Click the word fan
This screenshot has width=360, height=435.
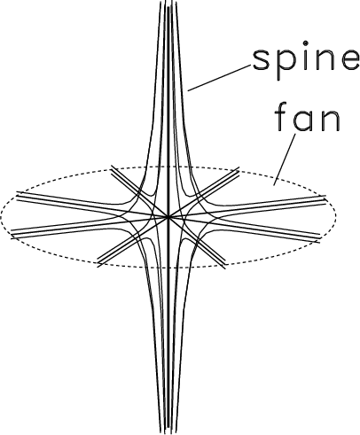pos(308,117)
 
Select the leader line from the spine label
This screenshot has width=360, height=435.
pos(219,78)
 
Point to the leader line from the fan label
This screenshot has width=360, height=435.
pos(285,159)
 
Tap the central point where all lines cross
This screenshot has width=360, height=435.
pos(168,217)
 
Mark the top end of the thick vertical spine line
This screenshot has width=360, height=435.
pos(168,6)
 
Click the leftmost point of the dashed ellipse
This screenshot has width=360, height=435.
pos(1,218)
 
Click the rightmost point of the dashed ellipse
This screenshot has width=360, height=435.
pos(335,215)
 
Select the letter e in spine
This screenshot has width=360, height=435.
pos(350,60)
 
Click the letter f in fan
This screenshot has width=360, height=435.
pos(282,116)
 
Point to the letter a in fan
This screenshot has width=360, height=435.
pos(303,120)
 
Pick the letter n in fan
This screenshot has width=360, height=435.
pos(331,120)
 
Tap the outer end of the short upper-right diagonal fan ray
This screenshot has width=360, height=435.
pos(238,169)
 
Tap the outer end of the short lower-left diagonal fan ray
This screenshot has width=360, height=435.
pos(98,264)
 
